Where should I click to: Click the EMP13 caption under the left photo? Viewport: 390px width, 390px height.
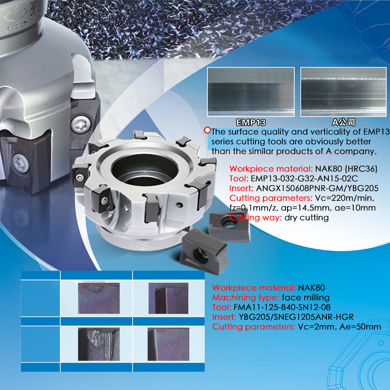coord(251,122)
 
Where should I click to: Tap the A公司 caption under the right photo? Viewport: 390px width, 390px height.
coord(344,122)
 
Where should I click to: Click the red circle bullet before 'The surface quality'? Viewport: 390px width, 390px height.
coord(207,130)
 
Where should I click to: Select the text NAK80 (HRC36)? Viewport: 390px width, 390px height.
coord(346,169)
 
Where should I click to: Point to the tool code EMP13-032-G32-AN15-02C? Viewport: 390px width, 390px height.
coord(304,179)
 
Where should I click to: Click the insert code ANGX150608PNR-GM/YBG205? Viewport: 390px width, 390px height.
coord(317,188)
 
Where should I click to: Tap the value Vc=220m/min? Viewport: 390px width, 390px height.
coord(345,198)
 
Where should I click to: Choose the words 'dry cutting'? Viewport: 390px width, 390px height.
coord(307,218)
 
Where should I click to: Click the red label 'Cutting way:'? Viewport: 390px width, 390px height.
coord(255,218)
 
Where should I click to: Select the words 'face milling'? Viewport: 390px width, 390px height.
coord(306,298)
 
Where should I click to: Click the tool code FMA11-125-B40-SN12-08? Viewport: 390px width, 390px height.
coord(282,307)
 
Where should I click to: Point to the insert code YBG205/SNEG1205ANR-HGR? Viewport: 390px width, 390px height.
coord(296,317)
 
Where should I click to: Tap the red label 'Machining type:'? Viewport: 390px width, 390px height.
coord(246,298)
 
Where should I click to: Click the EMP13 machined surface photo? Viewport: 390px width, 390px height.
coord(251,92)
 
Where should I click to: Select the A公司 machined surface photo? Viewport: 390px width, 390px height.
coord(344,92)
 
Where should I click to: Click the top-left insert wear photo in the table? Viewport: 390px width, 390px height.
coord(99,298)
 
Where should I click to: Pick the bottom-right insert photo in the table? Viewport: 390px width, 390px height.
coord(168,344)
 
